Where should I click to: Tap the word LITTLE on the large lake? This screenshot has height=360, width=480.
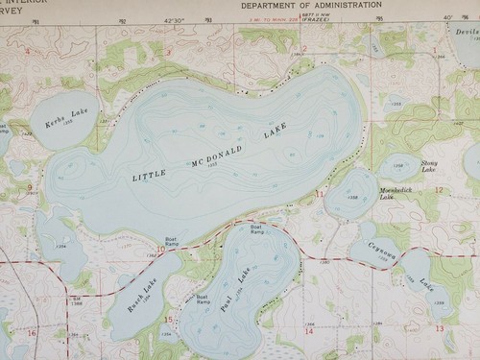pos(149,177)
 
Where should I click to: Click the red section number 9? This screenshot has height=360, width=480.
pos(30,187)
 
